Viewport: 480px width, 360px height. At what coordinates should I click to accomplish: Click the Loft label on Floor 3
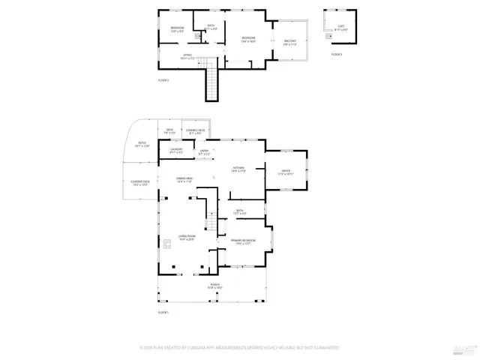coord(340,27)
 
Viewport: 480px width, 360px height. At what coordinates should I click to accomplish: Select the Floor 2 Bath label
coord(211,27)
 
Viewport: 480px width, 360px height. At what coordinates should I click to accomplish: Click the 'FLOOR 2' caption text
coord(163,80)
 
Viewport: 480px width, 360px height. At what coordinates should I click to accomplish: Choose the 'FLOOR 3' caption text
coord(337,55)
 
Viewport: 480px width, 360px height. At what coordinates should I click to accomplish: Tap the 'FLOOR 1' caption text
coord(163,312)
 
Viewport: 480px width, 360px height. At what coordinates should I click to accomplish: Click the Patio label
coord(142,145)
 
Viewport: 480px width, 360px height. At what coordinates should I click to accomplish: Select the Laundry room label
coord(176,151)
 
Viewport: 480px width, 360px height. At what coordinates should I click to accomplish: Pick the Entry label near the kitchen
coord(204,152)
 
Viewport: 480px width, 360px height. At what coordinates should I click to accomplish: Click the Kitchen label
coord(238,169)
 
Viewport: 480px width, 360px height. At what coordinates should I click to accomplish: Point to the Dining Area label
coord(184,180)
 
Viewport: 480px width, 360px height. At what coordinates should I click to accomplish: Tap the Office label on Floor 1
coord(286,172)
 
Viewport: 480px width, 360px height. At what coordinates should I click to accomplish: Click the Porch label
coord(215,286)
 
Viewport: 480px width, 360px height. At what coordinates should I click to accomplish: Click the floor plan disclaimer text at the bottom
coord(239,348)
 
